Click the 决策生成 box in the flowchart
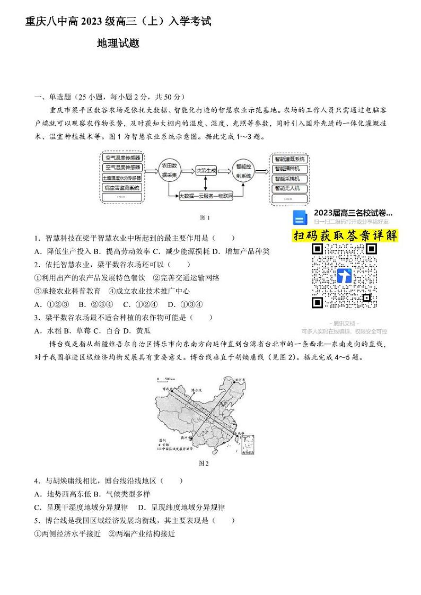206,171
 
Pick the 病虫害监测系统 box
122,187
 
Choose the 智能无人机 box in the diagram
289,188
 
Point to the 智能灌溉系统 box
289,159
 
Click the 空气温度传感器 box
122,158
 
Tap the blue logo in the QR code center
344,276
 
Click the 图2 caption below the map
204,463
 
